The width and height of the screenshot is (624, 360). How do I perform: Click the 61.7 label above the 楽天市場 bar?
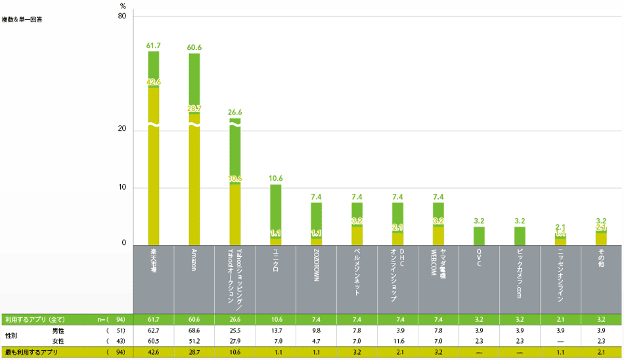154,45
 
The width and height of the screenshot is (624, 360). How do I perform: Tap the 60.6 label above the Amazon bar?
194,47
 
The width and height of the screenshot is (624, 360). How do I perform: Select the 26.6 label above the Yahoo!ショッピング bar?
235,112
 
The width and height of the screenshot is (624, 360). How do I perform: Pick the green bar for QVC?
479,236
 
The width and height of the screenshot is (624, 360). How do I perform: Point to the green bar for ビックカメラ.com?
520,236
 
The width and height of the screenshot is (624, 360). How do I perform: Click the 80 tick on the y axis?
122,16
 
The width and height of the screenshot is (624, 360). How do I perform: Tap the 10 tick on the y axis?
123,188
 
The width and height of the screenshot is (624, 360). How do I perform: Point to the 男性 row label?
58,330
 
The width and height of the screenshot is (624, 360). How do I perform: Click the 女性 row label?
58,341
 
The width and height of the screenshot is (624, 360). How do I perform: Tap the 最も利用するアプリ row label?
30,353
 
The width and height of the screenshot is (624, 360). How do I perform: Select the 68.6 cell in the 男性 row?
194,330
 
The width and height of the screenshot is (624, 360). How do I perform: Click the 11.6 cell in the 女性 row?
397,341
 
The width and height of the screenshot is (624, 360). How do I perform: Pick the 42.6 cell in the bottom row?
154,353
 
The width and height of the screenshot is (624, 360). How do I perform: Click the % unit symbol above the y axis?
123,5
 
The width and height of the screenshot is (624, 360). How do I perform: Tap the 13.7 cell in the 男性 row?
276,330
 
